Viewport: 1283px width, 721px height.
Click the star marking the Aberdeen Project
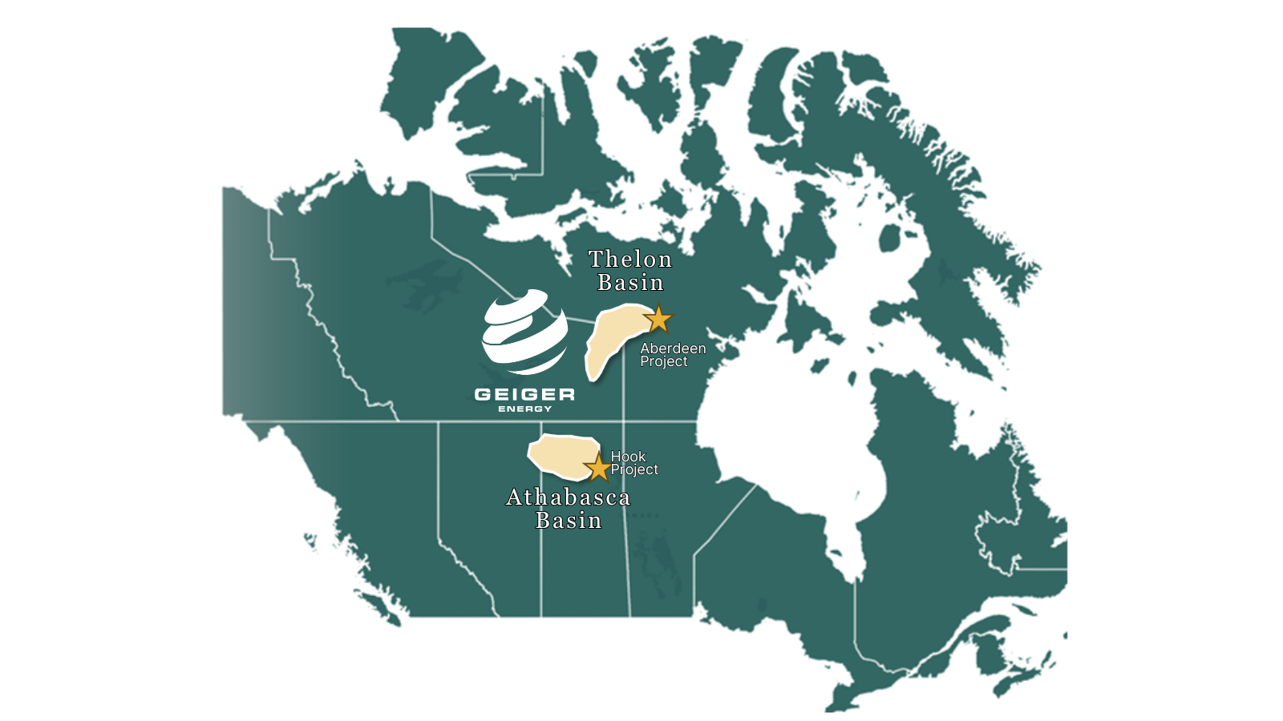pos(658,319)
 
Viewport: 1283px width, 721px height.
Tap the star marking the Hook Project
pos(597,468)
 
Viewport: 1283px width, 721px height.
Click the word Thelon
pos(630,260)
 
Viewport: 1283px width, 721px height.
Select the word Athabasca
pos(569,497)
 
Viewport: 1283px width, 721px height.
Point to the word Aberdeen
pos(673,348)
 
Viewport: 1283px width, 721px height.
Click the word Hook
pos(628,457)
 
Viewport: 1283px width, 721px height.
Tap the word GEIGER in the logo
pos(524,394)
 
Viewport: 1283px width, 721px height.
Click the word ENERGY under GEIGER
pos(525,409)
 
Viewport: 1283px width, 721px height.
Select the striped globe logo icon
pos(524,332)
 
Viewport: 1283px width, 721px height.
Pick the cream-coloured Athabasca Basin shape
pos(561,454)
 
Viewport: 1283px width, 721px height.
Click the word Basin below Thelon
pos(630,283)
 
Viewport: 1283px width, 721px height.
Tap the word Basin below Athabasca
pos(569,521)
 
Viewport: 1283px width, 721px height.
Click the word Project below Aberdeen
pos(664,361)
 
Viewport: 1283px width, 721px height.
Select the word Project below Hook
pos(634,469)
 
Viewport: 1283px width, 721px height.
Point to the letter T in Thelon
pos(597,260)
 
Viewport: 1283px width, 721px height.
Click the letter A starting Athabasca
pos(515,497)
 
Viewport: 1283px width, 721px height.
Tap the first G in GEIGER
pos(484,394)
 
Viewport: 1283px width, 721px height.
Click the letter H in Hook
pos(616,457)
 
